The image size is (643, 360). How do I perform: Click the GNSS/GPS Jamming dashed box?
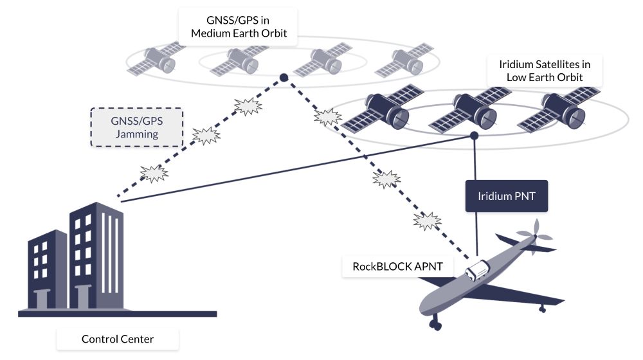point(137,126)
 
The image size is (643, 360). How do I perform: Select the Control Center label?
point(118,338)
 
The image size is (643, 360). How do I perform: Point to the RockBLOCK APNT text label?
point(397,266)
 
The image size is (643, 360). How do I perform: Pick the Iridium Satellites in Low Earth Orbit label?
point(545,71)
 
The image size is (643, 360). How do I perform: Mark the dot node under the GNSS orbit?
point(283,78)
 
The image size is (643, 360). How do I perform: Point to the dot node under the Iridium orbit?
point(475,136)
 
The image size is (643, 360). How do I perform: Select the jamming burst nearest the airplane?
point(426,221)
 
